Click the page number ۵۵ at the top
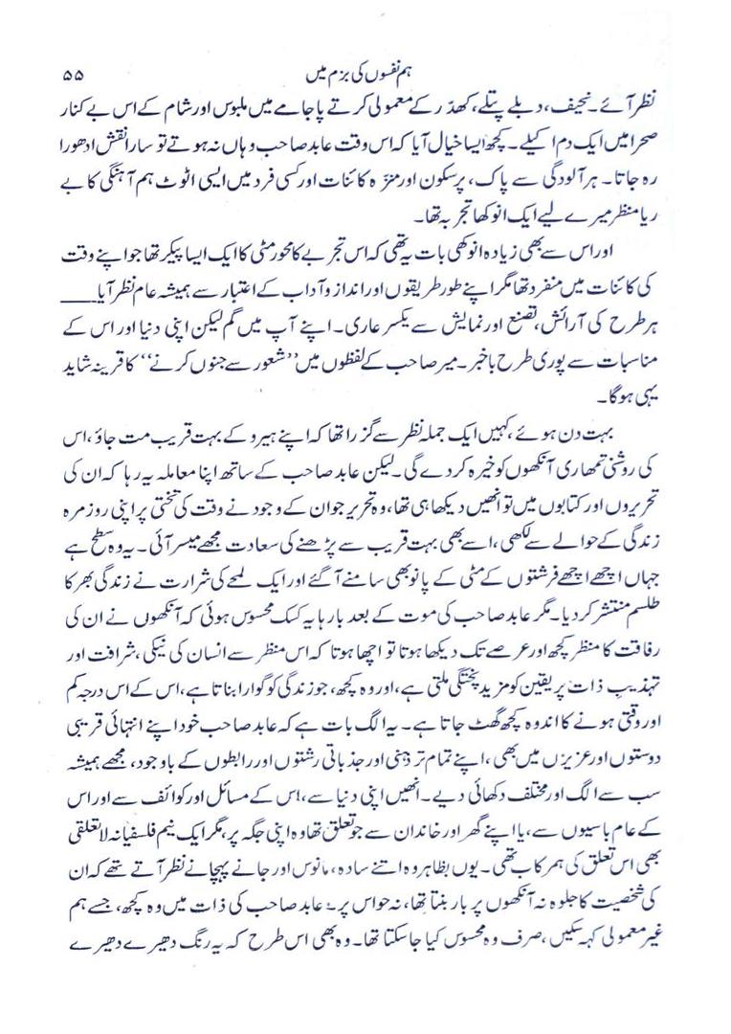(x=73, y=74)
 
